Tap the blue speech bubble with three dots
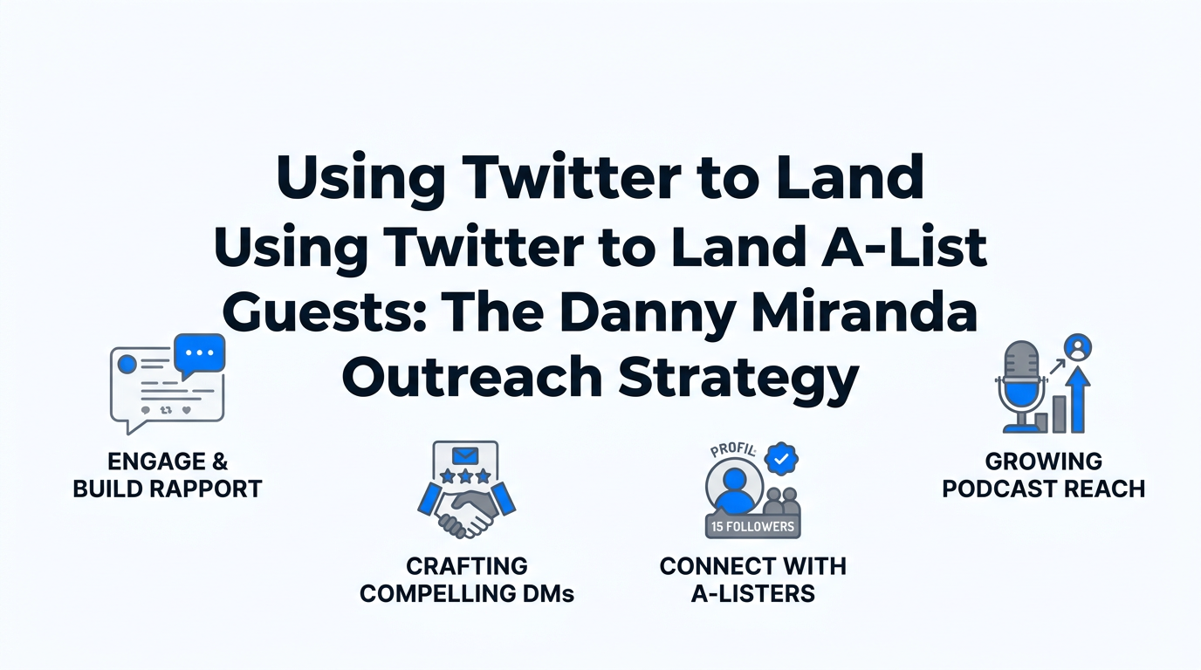(x=200, y=353)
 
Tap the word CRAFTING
(x=467, y=567)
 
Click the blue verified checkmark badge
(x=780, y=457)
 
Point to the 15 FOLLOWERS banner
(x=752, y=527)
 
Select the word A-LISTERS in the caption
(x=752, y=594)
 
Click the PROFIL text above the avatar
(x=731, y=451)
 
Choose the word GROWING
(x=1043, y=461)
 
